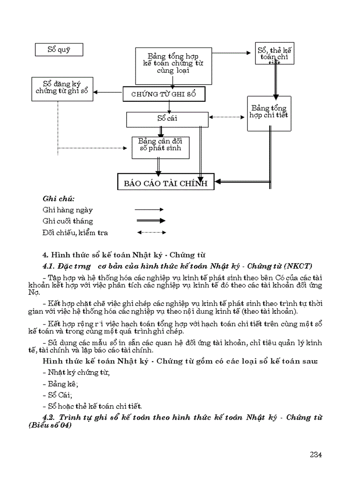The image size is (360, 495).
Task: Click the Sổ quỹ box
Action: (59, 49)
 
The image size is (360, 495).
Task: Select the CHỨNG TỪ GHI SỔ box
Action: (163, 94)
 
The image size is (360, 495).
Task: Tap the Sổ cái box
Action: (167, 119)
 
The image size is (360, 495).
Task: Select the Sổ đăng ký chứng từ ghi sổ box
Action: (62, 88)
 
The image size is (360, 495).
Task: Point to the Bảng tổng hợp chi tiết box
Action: (269, 113)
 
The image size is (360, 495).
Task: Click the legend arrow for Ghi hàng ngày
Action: (150, 210)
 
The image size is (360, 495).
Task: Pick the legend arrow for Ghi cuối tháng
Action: (150, 221)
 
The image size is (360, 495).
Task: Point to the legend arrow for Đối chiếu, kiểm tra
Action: (150, 232)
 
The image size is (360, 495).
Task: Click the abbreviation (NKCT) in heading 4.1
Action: (298, 266)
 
